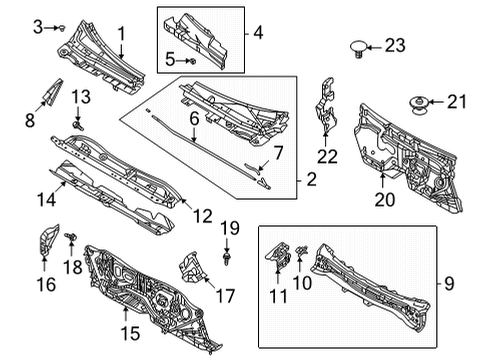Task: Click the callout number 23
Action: [x=395, y=45]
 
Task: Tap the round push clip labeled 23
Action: [x=359, y=49]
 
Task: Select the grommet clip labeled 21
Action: [x=419, y=104]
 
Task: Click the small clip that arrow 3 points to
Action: [x=62, y=28]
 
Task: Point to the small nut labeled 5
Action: [x=192, y=61]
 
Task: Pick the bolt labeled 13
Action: [x=78, y=125]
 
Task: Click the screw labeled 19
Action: [x=227, y=258]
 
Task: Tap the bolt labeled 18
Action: [x=71, y=237]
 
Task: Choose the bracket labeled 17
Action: [x=193, y=267]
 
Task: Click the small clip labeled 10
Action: [x=302, y=251]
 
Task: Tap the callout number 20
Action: [x=385, y=200]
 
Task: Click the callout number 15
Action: [x=130, y=333]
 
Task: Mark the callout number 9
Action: [x=449, y=284]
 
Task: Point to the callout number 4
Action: [x=258, y=33]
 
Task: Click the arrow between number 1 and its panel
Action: [x=121, y=50]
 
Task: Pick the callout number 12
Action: [x=202, y=216]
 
